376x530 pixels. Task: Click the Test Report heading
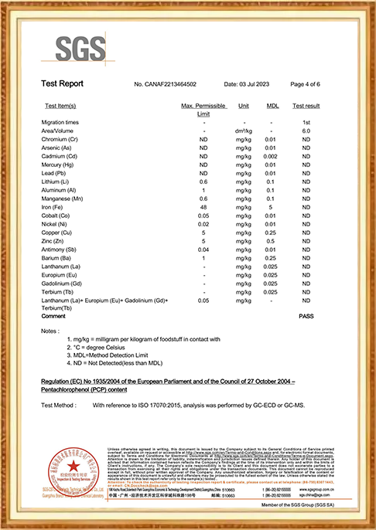coord(62,83)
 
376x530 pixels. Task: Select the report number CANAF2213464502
coord(165,83)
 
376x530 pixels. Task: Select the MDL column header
coord(272,104)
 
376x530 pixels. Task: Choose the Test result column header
coord(306,104)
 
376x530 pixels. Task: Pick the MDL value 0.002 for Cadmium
coord(272,156)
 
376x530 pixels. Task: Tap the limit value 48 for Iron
coord(203,207)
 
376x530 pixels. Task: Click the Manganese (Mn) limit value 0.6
coord(203,199)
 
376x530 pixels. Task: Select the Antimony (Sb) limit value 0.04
coord(203,250)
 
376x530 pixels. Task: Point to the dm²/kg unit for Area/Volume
coord(244,131)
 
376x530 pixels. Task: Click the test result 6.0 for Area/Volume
coord(306,131)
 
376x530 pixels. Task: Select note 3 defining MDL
coord(113,354)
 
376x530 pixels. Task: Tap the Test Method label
coord(59,404)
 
